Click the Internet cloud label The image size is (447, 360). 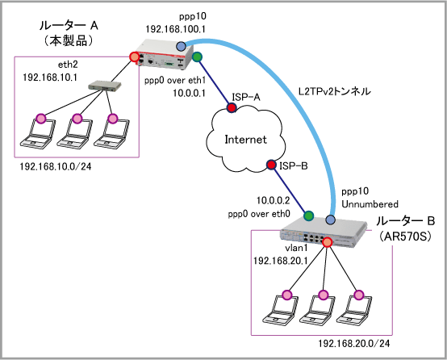[x=245, y=140]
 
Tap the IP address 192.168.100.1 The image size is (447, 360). [x=176, y=29]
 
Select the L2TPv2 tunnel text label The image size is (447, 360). [x=334, y=91]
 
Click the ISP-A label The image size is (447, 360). [x=246, y=98]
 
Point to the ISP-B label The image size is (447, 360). [x=294, y=165]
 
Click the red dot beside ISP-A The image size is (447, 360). [x=232, y=107]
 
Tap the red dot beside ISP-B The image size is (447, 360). [x=271, y=165]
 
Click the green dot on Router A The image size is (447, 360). [x=197, y=57]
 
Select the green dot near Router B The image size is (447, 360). [x=308, y=216]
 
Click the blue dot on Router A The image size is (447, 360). [x=181, y=46]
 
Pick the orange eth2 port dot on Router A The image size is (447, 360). [x=133, y=57]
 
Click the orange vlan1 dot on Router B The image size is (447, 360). [x=328, y=242]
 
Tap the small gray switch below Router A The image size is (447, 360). [x=105, y=86]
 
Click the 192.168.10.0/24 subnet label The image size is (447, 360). [x=56, y=166]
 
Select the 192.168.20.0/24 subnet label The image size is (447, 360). [x=353, y=344]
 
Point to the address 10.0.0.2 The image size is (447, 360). [x=273, y=200]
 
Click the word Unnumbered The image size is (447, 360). [x=370, y=204]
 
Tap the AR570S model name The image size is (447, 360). [x=405, y=237]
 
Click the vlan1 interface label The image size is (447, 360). [x=296, y=248]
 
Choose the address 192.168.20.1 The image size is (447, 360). [x=281, y=261]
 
